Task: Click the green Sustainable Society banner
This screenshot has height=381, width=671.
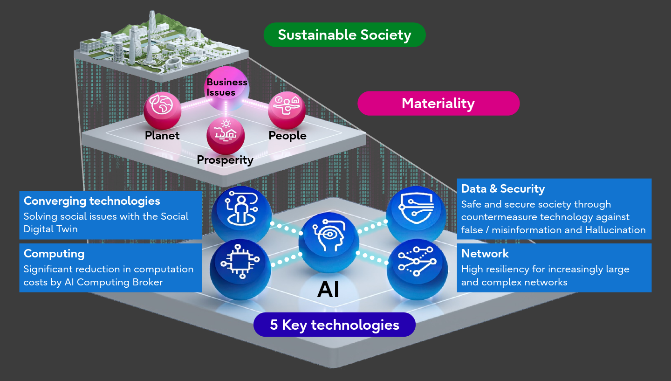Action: click(x=344, y=35)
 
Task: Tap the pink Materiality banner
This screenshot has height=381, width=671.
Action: click(x=438, y=103)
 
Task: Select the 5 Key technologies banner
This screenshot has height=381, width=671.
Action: click(x=334, y=325)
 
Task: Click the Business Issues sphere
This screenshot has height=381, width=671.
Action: click(x=226, y=88)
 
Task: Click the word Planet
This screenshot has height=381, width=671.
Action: click(x=162, y=136)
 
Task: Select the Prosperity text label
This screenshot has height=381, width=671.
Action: click(x=225, y=160)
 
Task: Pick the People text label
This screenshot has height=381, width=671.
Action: click(x=288, y=136)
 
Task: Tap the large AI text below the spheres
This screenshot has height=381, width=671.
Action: click(x=328, y=290)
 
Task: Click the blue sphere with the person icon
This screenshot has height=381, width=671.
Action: click(x=240, y=212)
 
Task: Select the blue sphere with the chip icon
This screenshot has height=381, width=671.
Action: click(x=240, y=267)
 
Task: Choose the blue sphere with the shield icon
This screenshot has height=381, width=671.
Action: click(x=416, y=212)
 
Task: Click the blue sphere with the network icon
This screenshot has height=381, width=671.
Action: click(x=416, y=267)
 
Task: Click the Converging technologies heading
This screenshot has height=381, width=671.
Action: click(x=92, y=201)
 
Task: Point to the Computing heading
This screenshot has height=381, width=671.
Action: click(x=54, y=254)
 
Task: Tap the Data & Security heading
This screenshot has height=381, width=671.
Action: click(x=503, y=189)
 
